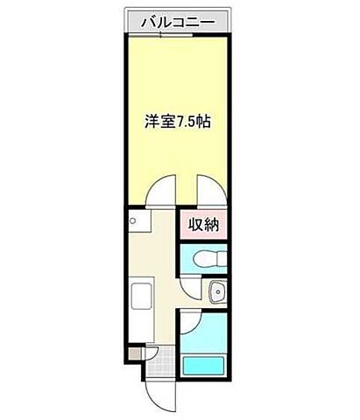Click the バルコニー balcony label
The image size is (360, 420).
pos(180,21)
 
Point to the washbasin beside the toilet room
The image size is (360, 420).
pos(218,291)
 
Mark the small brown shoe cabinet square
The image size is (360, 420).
pos(132,354)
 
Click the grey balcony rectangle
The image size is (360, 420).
pos(180,21)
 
